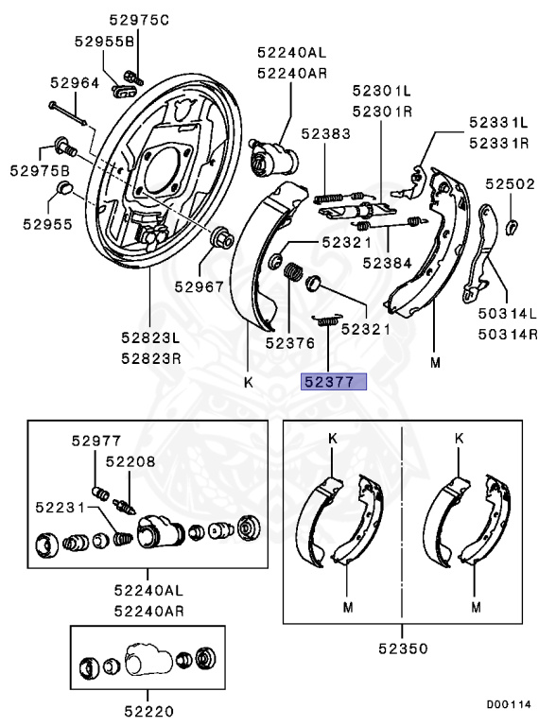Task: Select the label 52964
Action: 75,83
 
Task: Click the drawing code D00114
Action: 509,704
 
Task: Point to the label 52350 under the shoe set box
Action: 403,648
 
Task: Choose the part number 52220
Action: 148,711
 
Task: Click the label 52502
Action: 510,183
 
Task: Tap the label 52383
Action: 325,133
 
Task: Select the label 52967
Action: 199,286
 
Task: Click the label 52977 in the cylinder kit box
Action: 96,441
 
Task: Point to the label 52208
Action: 130,461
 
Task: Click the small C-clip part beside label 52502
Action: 512,227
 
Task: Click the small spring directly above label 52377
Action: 327,320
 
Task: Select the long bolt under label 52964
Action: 68,113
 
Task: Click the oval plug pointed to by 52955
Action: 64,188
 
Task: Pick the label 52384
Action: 387,263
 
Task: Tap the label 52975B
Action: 40,170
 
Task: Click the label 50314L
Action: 508,314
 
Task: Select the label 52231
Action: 61,508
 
